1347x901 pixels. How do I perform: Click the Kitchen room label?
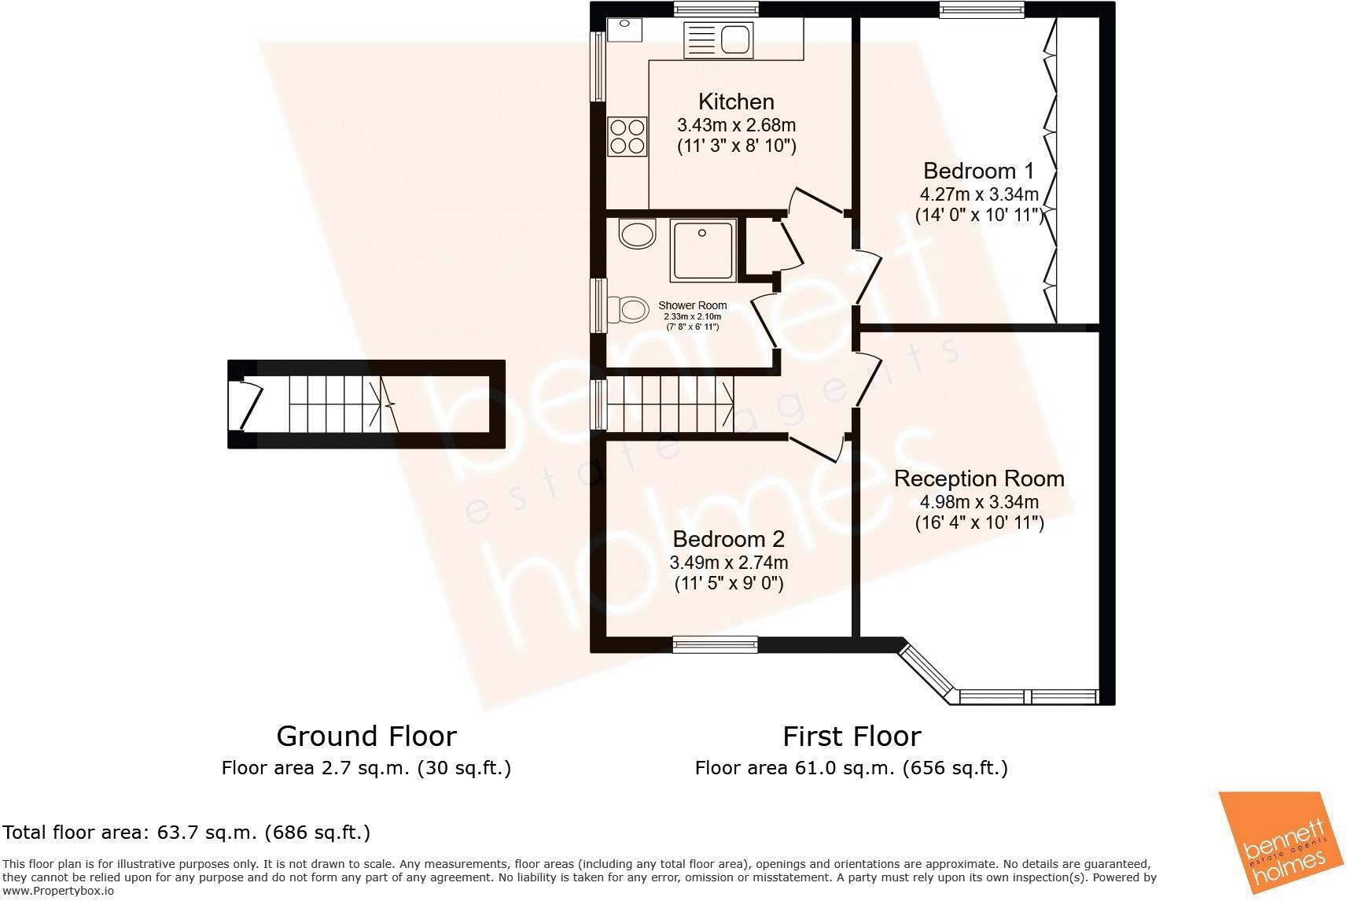736,102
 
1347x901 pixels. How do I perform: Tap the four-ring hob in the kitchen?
627,136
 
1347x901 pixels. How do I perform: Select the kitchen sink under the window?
719,39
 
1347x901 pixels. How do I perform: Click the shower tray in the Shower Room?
703,250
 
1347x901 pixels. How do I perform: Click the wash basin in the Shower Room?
636,234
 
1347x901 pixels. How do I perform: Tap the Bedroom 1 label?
978,171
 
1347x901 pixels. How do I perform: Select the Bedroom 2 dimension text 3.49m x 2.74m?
728,563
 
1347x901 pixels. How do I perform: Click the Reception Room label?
979,478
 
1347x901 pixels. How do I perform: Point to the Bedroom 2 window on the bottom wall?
715,645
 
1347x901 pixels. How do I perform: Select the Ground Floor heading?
366,737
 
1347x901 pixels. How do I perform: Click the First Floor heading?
852,737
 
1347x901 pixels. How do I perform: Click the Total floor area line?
186,832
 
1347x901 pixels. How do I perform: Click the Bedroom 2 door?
818,451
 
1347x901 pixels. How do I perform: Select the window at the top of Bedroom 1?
981,9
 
